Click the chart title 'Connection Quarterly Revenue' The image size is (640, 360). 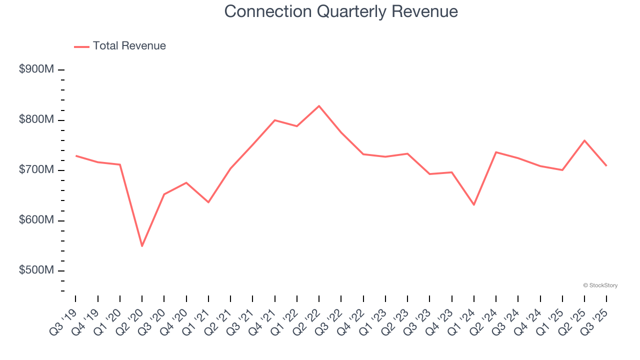(341, 11)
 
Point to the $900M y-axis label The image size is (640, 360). (36, 69)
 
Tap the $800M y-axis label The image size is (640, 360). (36, 120)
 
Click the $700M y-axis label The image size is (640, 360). (36, 170)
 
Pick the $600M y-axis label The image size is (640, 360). (36, 220)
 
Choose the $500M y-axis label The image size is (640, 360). (36, 270)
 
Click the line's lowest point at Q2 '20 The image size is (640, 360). (142, 246)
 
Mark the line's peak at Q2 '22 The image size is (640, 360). (319, 106)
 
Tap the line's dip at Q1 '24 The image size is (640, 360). (473, 205)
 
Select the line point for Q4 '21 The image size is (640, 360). (274, 120)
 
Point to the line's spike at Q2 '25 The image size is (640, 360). (584, 140)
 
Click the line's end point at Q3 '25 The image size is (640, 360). (606, 165)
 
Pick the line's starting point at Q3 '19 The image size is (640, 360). (76, 156)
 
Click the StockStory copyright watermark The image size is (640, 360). (600, 285)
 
